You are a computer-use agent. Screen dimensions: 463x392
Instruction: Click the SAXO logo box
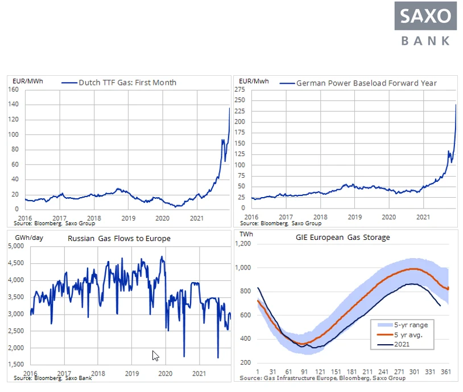pos(425,16)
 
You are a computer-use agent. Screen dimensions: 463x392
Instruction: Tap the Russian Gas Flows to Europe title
pos(119,239)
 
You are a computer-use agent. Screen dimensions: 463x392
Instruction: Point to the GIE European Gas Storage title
pos(343,237)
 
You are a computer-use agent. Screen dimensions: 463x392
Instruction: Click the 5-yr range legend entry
pos(403,325)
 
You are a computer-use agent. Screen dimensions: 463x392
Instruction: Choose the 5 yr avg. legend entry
pos(400,335)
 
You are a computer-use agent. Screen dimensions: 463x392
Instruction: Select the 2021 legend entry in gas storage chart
pos(393,344)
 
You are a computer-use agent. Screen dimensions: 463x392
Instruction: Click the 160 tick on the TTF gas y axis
pos(13,89)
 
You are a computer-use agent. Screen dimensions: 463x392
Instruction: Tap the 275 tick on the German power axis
pos(240,89)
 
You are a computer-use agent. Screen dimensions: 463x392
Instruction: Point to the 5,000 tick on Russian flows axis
pos(16,246)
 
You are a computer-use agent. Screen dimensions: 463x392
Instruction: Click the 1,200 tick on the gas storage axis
pos(243,243)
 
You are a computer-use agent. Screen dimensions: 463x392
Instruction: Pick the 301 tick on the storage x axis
pos(414,371)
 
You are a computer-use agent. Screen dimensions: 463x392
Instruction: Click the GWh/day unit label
pos(29,238)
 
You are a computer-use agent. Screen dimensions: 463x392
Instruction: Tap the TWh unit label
pos(246,234)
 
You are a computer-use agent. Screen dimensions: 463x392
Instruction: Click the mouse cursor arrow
pos(155,356)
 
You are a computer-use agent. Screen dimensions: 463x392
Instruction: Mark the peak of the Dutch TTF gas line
pos(229,108)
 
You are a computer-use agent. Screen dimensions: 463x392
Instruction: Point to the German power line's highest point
pos(456,104)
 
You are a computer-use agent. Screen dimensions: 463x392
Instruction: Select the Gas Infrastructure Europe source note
pos(323,378)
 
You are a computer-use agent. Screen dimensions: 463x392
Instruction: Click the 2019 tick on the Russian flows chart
pos(132,374)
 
